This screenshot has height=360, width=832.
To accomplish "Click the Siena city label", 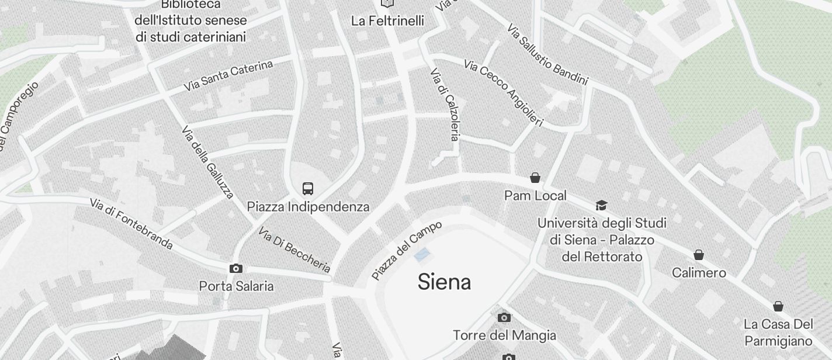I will (x=444, y=282).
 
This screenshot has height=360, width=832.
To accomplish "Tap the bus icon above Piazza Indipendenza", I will (x=308, y=189).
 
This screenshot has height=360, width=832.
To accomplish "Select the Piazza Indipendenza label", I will (x=308, y=207).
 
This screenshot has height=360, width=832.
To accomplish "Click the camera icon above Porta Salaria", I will (x=236, y=269).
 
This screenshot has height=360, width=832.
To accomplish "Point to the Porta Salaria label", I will (x=236, y=286).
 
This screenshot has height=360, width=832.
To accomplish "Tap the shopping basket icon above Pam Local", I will (x=535, y=178).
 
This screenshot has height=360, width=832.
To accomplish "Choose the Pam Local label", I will (x=535, y=196).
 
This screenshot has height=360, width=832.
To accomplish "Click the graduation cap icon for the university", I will (x=601, y=205).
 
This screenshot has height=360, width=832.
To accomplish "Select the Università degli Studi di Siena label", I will (x=602, y=240).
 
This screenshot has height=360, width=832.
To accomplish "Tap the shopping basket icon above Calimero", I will (x=698, y=255).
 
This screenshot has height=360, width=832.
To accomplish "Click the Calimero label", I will (x=699, y=273).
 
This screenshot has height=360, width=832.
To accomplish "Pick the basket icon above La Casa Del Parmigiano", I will (x=778, y=306).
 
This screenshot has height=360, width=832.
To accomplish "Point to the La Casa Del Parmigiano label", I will (x=778, y=333).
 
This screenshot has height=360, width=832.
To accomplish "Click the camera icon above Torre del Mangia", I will (x=504, y=317).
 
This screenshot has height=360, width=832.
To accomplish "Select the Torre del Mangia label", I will (x=504, y=335).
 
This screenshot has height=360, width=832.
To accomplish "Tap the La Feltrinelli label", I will (x=387, y=21).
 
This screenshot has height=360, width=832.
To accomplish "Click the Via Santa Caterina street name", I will (x=228, y=76).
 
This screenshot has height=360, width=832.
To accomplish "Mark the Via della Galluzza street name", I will (x=208, y=161).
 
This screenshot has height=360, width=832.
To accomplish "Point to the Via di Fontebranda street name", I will (x=131, y=223).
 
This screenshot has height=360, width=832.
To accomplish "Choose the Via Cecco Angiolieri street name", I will (x=504, y=92).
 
